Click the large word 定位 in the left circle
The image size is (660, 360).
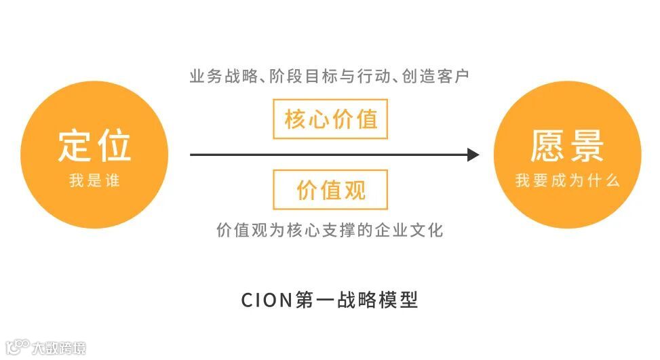[x=94, y=145]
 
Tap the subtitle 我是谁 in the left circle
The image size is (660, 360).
[x=94, y=181]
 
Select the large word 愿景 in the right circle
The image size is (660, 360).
[x=567, y=145]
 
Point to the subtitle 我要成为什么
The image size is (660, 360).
[x=567, y=181]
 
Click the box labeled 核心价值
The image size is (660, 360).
[x=330, y=119]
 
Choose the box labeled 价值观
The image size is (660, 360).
[x=330, y=190]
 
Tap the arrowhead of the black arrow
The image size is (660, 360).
[x=473, y=155]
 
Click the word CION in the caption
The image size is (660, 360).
[x=267, y=300]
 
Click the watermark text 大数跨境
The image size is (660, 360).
[x=60, y=348]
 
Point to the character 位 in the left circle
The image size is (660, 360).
[x=114, y=145]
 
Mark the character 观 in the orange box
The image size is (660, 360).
[x=353, y=190]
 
